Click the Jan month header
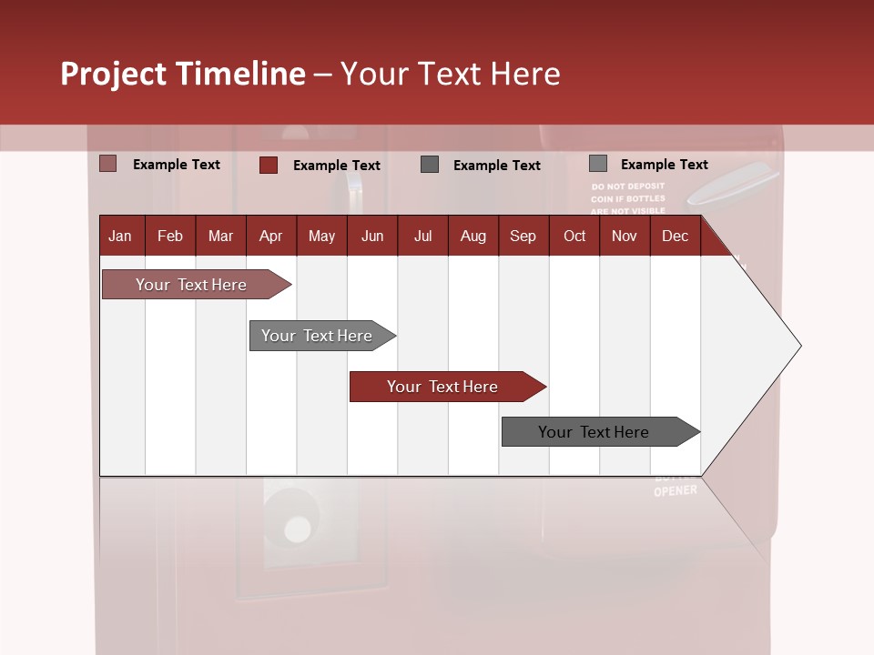coord(120,237)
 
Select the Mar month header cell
coord(220,237)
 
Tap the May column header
coord(321,237)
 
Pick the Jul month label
coord(422,237)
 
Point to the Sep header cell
coord(523,237)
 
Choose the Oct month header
coord(574,237)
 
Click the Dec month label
coord(675,237)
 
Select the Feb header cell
coord(170,237)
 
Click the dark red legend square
coord(269,165)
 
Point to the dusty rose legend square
coord(108,164)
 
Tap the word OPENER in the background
coord(676,491)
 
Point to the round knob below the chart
coord(297,529)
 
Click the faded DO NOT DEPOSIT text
coord(628,186)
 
